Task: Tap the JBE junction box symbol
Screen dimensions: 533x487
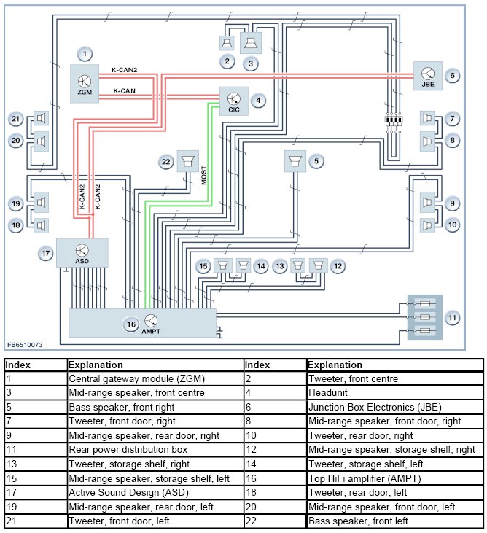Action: (427, 74)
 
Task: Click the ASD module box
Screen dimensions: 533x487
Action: (81, 252)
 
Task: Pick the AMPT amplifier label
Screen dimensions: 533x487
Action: (151, 331)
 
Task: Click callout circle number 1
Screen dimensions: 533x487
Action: (85, 53)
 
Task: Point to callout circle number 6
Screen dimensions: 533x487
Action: (452, 74)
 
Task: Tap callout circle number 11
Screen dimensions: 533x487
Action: (452, 317)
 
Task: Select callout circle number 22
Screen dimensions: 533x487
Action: (167, 160)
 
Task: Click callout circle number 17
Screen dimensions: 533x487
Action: (46, 253)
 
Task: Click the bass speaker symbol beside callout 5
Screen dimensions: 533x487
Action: (295, 160)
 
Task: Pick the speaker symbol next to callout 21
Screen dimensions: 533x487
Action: (40, 118)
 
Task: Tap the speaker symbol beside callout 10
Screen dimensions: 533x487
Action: (427, 225)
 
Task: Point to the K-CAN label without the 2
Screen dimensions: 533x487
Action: (124, 90)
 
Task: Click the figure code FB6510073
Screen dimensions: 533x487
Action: (26, 344)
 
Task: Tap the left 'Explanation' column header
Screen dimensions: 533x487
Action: (96, 365)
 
